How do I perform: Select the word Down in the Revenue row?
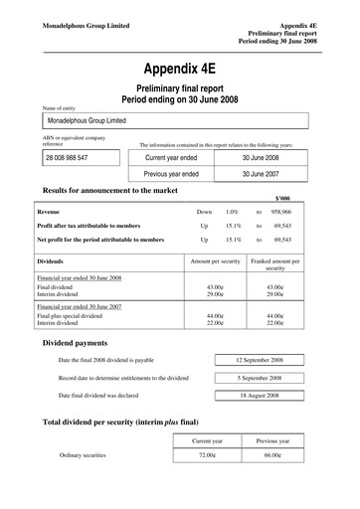[204, 213]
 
